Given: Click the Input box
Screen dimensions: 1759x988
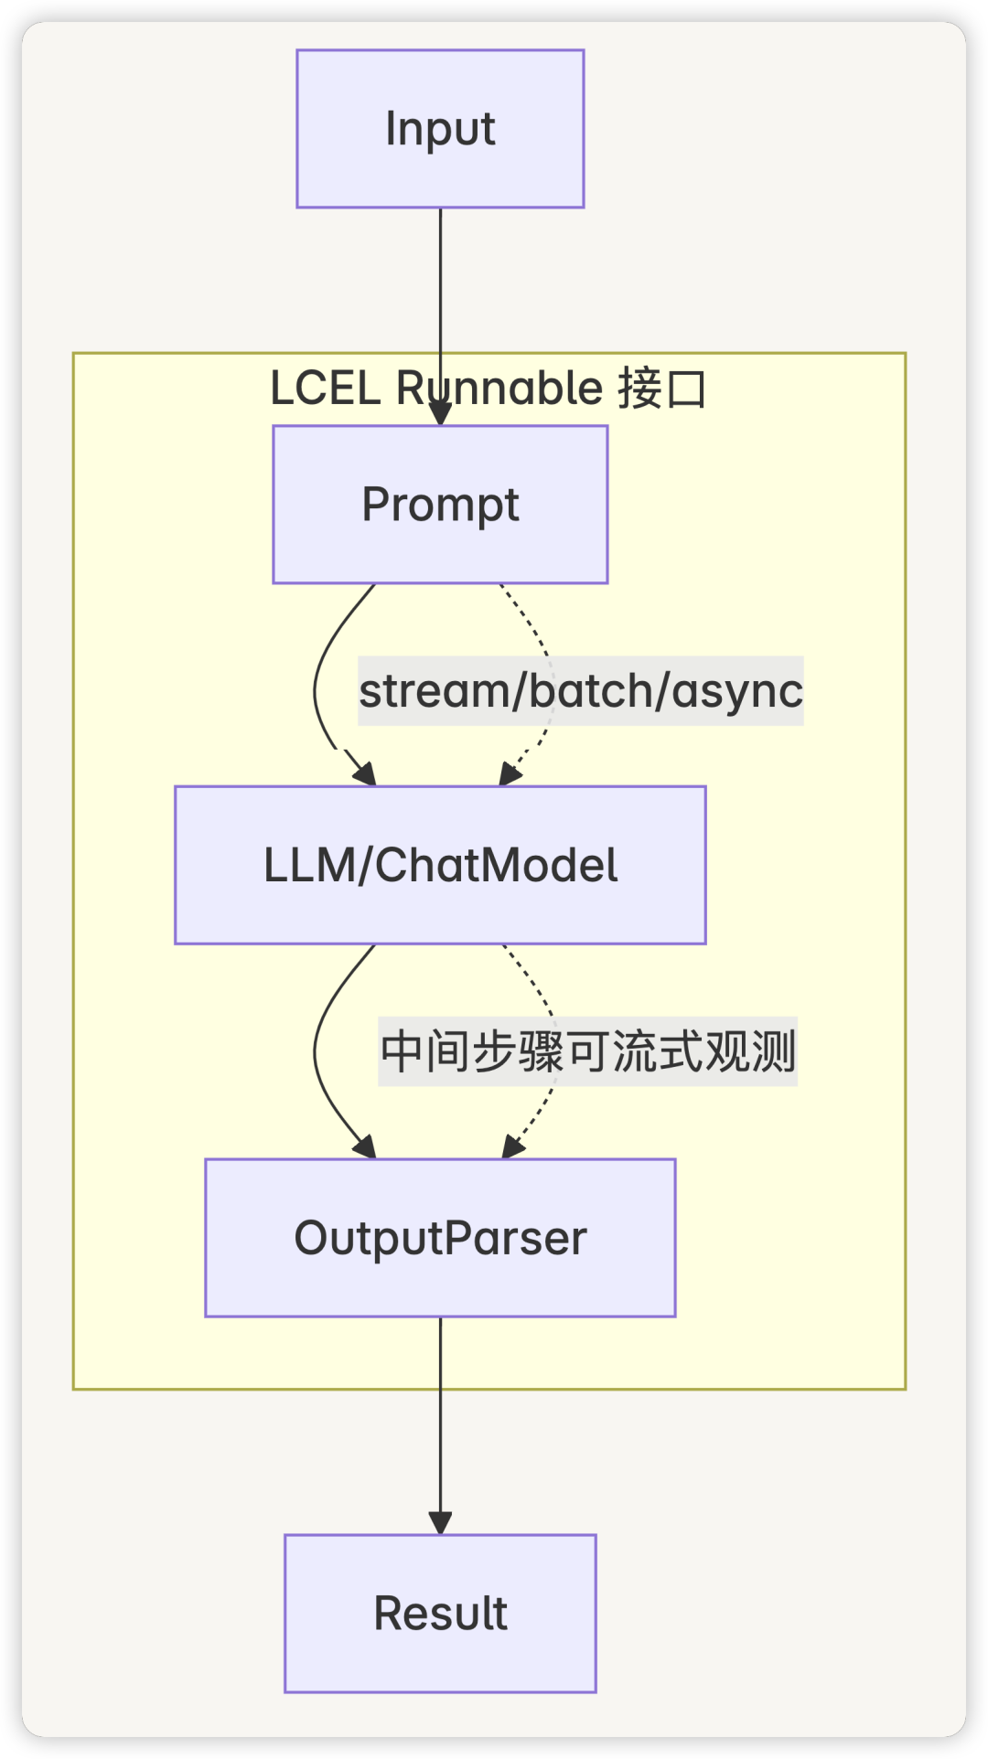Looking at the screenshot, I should (x=440, y=129).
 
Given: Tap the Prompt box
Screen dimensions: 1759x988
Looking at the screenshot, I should (x=440, y=505).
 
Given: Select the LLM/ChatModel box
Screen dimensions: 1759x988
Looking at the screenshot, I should (x=440, y=865).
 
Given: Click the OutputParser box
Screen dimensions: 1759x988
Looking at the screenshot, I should (x=440, y=1238).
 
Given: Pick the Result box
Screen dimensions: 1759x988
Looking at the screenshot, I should (x=440, y=1614).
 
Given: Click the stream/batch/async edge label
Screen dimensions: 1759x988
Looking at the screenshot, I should (x=580, y=691).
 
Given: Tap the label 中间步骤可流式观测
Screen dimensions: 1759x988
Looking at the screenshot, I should (x=587, y=1051).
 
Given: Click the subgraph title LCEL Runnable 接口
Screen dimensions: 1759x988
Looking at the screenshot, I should (x=488, y=389).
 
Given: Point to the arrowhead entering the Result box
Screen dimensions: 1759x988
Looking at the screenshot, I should (x=440, y=1523).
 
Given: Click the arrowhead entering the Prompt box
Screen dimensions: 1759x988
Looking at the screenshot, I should (x=440, y=415).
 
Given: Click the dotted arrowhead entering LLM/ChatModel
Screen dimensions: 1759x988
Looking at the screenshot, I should (x=509, y=776).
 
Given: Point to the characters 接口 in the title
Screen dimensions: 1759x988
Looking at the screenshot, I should (x=661, y=389).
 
